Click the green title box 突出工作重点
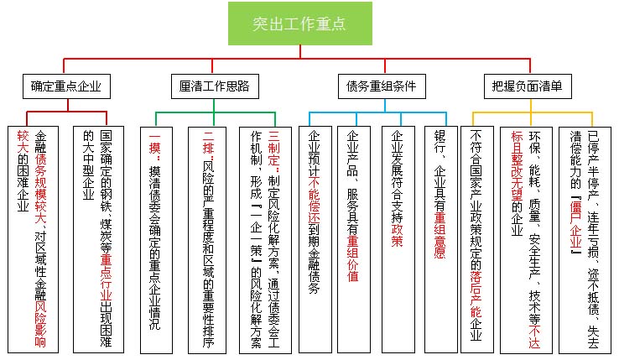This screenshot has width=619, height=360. pos(299,23)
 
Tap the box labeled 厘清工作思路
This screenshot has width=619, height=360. pos(214,86)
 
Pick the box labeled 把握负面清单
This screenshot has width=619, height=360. pos(528,86)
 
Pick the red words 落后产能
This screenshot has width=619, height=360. pos(476,281)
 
